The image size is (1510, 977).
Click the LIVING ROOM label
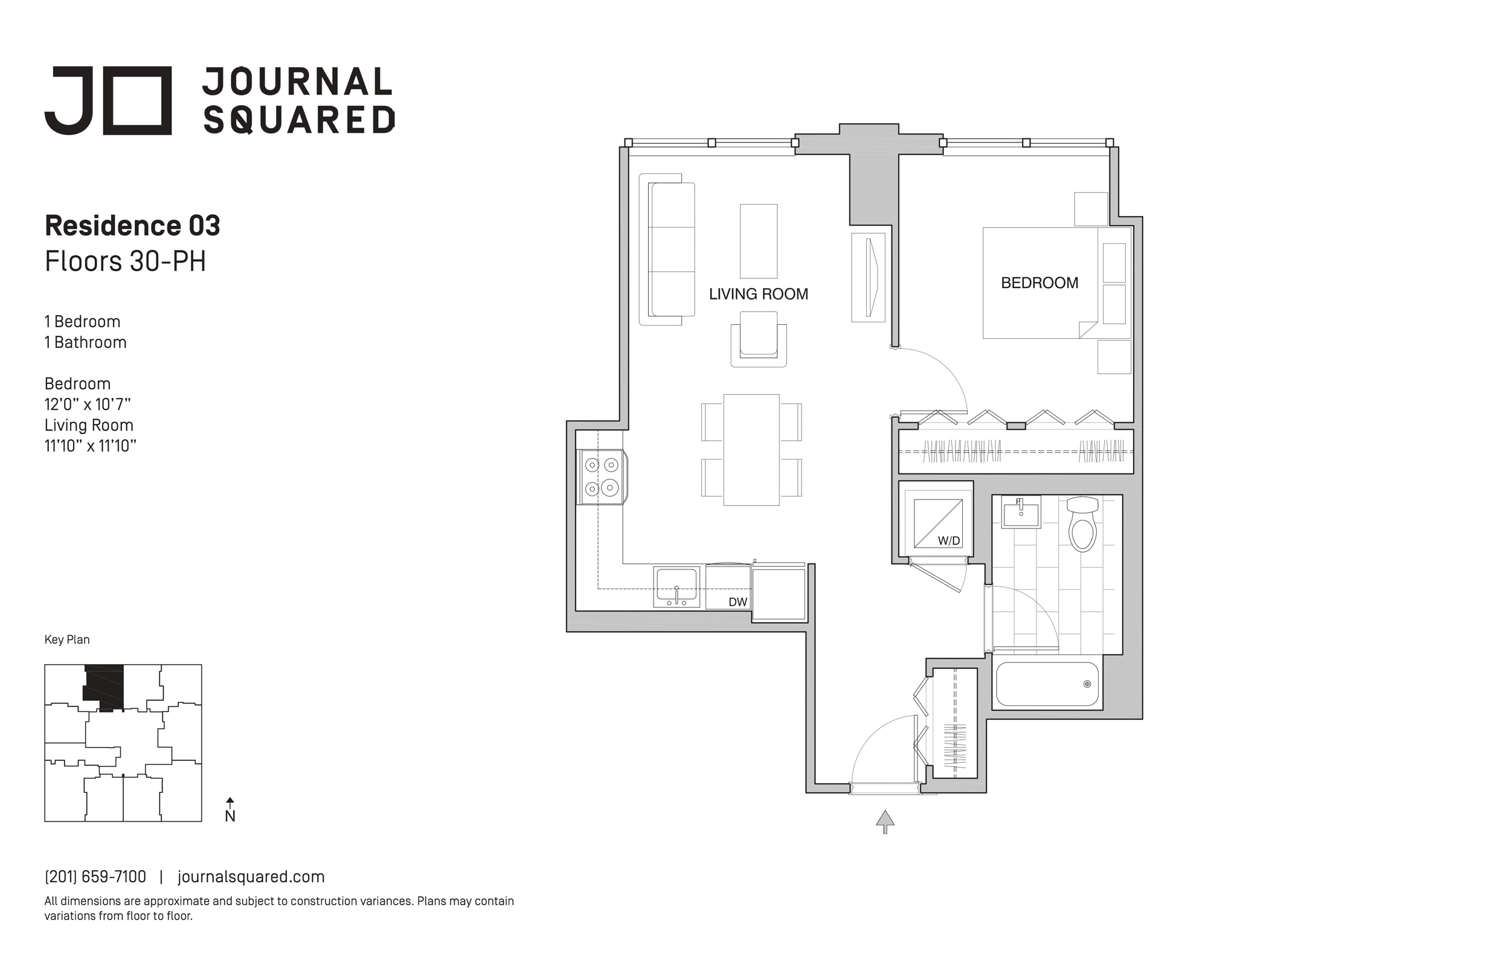758,293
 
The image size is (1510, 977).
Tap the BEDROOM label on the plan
1039,283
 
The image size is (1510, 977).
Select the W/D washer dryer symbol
938,524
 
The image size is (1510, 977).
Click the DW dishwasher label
737,601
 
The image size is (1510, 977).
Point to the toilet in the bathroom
1082,525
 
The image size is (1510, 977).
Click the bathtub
1047,684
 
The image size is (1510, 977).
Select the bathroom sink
1021,513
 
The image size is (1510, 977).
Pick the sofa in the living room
671,249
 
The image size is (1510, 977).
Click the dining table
751,450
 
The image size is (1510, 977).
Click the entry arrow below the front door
885,822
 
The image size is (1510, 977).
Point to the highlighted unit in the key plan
103,687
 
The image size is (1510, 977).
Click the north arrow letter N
230,816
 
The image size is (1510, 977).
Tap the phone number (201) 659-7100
95,877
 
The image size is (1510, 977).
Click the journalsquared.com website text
251,877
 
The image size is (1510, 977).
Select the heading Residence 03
132,226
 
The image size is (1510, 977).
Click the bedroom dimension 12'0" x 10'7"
88,404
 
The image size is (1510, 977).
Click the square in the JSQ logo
137,100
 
